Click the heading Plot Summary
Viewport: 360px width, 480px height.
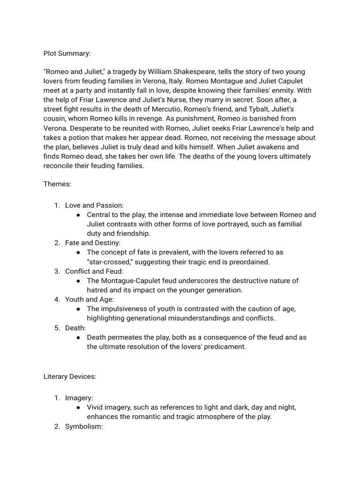pyautogui.click(x=67, y=53)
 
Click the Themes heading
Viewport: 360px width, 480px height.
pyautogui.click(x=57, y=184)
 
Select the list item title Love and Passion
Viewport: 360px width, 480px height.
pyautogui.click(x=94, y=205)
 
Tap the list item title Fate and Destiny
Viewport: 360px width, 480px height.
pyautogui.click(x=93, y=243)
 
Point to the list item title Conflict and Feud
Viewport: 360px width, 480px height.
pyautogui.click(x=94, y=271)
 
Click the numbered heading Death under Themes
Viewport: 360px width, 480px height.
pyautogui.click(x=75, y=328)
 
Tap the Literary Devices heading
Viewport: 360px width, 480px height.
pyautogui.click(x=70, y=376)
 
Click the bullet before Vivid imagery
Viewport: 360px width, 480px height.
pyautogui.click(x=77, y=407)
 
